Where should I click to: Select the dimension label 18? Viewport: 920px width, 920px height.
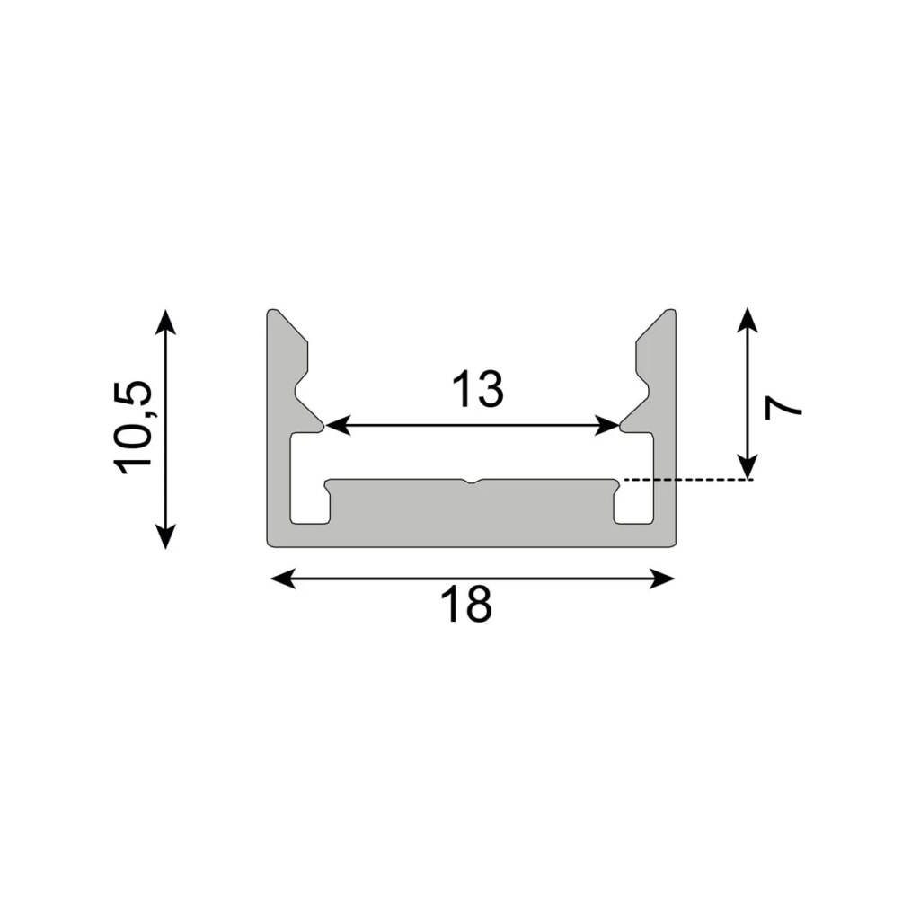pos(466,606)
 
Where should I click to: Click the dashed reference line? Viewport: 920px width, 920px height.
pos(687,481)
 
